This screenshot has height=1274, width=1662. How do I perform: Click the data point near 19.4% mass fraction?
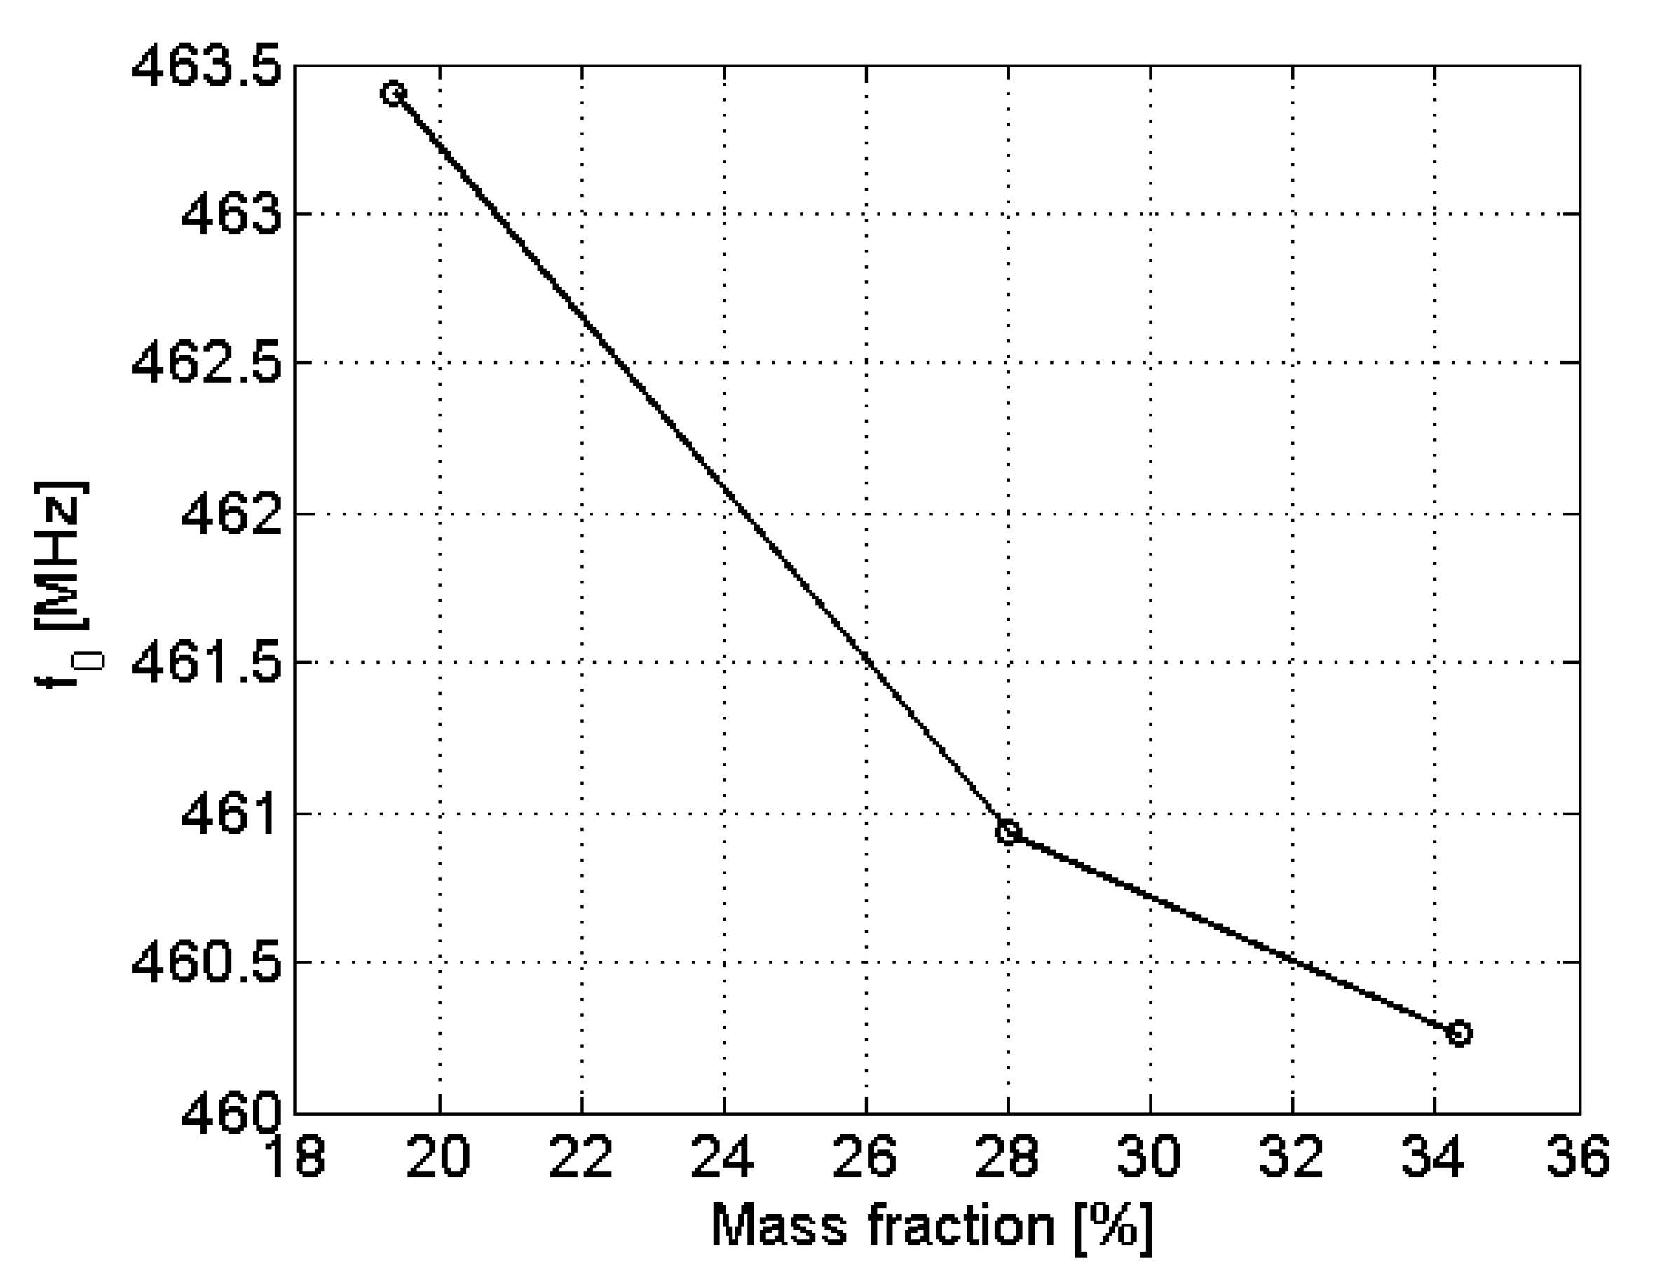[x=393, y=93]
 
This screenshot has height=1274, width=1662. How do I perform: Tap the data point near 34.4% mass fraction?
[x=1459, y=1033]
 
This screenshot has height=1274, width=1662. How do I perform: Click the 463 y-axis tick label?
[x=231, y=215]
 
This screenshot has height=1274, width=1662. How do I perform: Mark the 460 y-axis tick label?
[x=231, y=1113]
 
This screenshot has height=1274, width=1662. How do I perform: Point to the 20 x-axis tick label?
[x=438, y=1158]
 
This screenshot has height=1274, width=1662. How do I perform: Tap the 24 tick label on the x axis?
[x=723, y=1158]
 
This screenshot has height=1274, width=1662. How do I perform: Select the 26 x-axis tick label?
[x=865, y=1158]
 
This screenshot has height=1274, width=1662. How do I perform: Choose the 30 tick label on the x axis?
[x=1150, y=1158]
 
